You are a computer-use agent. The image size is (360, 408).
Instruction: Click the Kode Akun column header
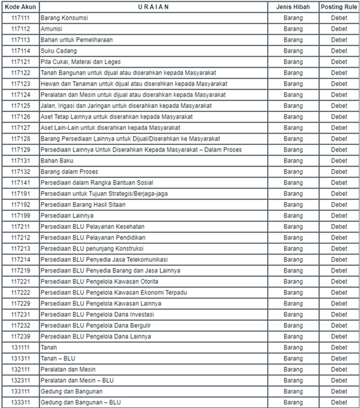[x=20, y=6]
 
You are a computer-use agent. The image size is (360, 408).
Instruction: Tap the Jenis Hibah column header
[x=293, y=6]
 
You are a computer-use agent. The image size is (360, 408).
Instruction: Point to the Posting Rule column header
[x=339, y=6]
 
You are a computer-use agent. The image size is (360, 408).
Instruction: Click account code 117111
[x=20, y=17]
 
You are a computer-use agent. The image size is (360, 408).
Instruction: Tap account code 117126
[x=20, y=116]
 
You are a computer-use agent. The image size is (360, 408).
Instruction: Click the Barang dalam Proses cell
[x=69, y=171]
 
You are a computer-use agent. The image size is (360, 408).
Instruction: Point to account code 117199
[x=20, y=216]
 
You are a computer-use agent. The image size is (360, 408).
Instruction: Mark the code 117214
[x=20, y=259]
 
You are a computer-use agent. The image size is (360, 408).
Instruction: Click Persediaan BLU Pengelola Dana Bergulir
[x=96, y=325]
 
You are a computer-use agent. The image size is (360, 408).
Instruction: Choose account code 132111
[x=20, y=369]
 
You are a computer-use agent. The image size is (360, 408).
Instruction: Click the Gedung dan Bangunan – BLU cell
[x=80, y=402]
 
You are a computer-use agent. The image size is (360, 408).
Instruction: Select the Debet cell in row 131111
[x=339, y=347]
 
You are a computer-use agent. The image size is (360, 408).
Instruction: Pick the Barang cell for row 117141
[x=293, y=182]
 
